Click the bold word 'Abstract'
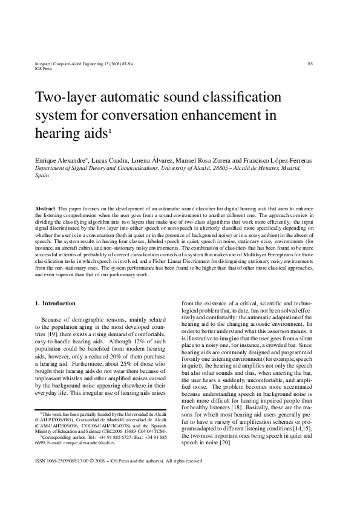point(45,208)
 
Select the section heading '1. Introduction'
point(56,303)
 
